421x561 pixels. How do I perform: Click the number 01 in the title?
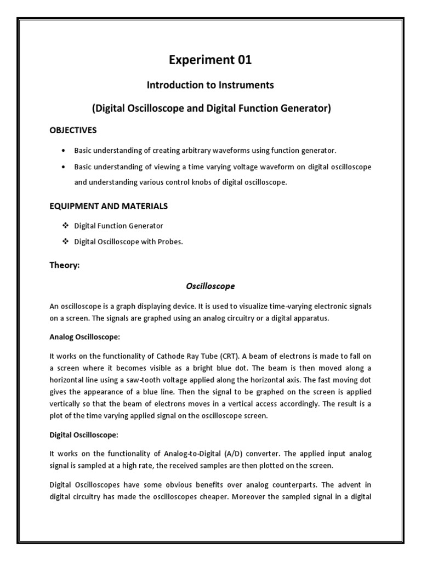tap(242, 60)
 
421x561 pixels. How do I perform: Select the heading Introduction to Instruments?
tap(210, 85)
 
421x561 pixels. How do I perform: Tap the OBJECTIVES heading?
tap(73, 130)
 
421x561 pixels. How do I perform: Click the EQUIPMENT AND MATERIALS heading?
tap(109, 206)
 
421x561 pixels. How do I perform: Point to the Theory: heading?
tap(65, 265)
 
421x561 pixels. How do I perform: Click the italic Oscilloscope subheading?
tap(210, 286)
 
